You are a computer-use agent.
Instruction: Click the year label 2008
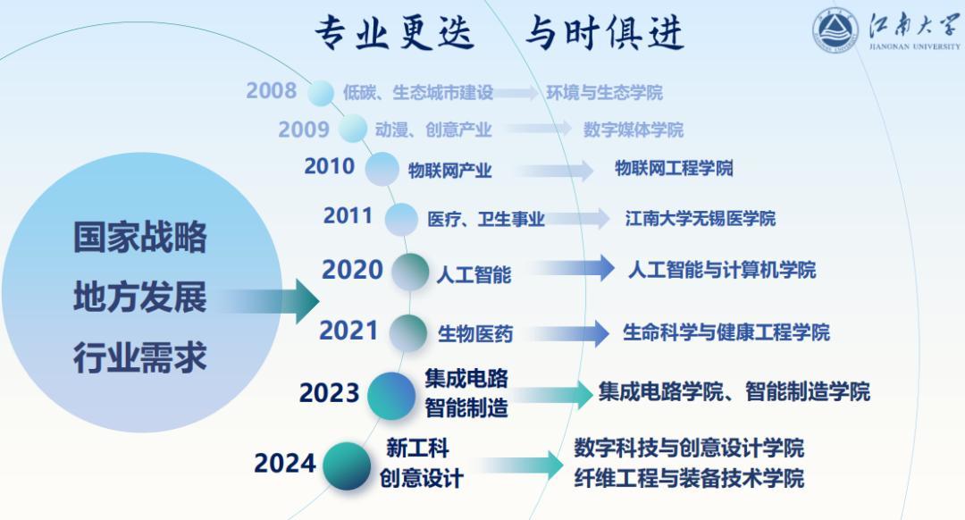(272, 91)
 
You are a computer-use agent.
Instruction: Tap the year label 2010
(329, 166)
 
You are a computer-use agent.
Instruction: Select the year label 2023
(329, 393)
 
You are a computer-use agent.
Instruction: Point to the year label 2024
(284, 464)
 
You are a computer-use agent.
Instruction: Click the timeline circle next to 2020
(410, 272)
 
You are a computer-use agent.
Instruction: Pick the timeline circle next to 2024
(347, 465)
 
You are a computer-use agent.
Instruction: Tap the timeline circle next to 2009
(353, 128)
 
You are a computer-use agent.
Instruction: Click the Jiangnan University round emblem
(835, 31)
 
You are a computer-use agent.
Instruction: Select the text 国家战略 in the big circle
(140, 238)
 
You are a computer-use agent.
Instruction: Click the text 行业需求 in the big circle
(140, 358)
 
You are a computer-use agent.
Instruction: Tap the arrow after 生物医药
(568, 333)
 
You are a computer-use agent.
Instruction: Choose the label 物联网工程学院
(674, 168)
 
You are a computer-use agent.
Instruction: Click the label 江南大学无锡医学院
(701, 219)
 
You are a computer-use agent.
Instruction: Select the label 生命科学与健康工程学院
(726, 332)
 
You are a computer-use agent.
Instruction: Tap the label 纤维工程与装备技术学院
(689, 478)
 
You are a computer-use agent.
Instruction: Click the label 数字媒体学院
(634, 130)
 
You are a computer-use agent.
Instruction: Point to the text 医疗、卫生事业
(486, 219)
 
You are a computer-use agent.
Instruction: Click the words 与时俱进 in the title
(606, 33)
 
